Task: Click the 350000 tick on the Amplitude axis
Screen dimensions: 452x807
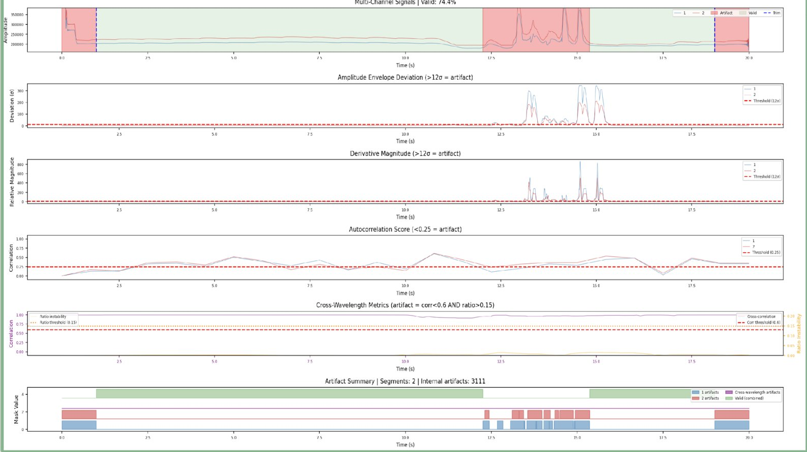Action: pos(17,15)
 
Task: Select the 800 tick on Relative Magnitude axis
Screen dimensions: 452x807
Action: pos(20,164)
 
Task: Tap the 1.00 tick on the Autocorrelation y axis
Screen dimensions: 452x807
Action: pos(20,239)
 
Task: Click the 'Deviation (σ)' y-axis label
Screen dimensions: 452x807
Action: pos(12,106)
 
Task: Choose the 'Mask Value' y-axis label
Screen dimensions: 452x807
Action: pos(16,409)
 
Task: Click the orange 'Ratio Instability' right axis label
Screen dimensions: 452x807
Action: pos(799,334)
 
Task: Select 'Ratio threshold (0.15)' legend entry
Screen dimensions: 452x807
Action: pos(58,323)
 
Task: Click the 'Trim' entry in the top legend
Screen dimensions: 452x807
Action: pos(776,13)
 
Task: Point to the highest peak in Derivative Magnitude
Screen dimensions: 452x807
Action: pos(580,162)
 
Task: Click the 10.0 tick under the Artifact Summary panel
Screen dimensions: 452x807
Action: pos(405,438)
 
